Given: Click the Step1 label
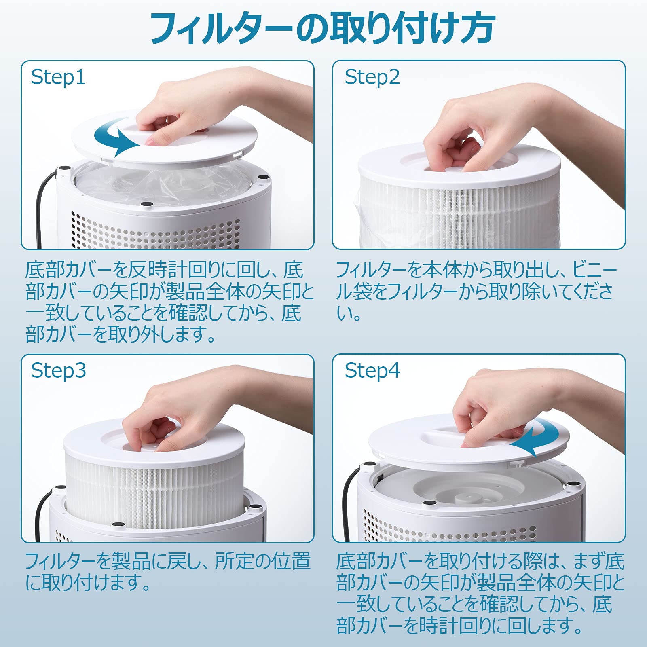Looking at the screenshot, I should click(x=58, y=77).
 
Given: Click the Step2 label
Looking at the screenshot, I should click(x=372, y=77).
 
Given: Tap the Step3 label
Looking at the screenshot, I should click(x=58, y=370).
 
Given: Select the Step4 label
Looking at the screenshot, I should click(x=372, y=370).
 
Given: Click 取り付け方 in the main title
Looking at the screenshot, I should click(x=412, y=29).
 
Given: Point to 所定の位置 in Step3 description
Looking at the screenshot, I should click(x=263, y=561).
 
